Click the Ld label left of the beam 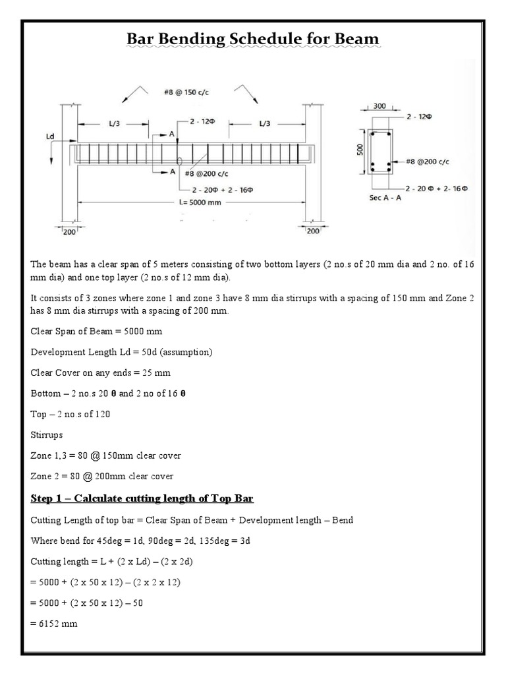point(50,136)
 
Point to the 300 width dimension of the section point(379,105)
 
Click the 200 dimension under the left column point(69,231)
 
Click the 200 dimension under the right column point(313,231)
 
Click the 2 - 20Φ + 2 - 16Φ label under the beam point(219,190)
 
